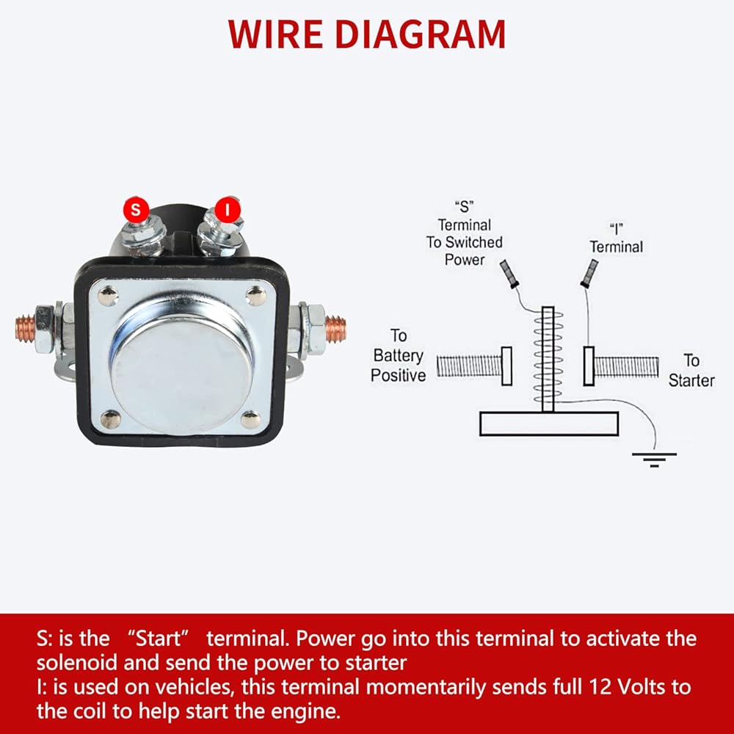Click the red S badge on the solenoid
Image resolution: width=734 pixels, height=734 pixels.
coord(135,209)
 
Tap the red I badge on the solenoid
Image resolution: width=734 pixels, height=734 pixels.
coord(228,209)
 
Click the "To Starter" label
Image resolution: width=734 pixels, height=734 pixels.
coord(691,370)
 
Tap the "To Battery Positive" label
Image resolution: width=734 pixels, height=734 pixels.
coord(399,355)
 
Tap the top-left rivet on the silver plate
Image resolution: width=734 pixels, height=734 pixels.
coord(107,296)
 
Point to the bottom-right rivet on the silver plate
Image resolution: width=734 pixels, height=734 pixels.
coord(250,420)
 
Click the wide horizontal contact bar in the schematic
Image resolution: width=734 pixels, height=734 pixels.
coord(548,424)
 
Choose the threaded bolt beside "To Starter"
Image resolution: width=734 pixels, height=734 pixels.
coord(624,366)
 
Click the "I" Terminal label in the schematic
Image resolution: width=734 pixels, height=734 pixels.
coord(615,239)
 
